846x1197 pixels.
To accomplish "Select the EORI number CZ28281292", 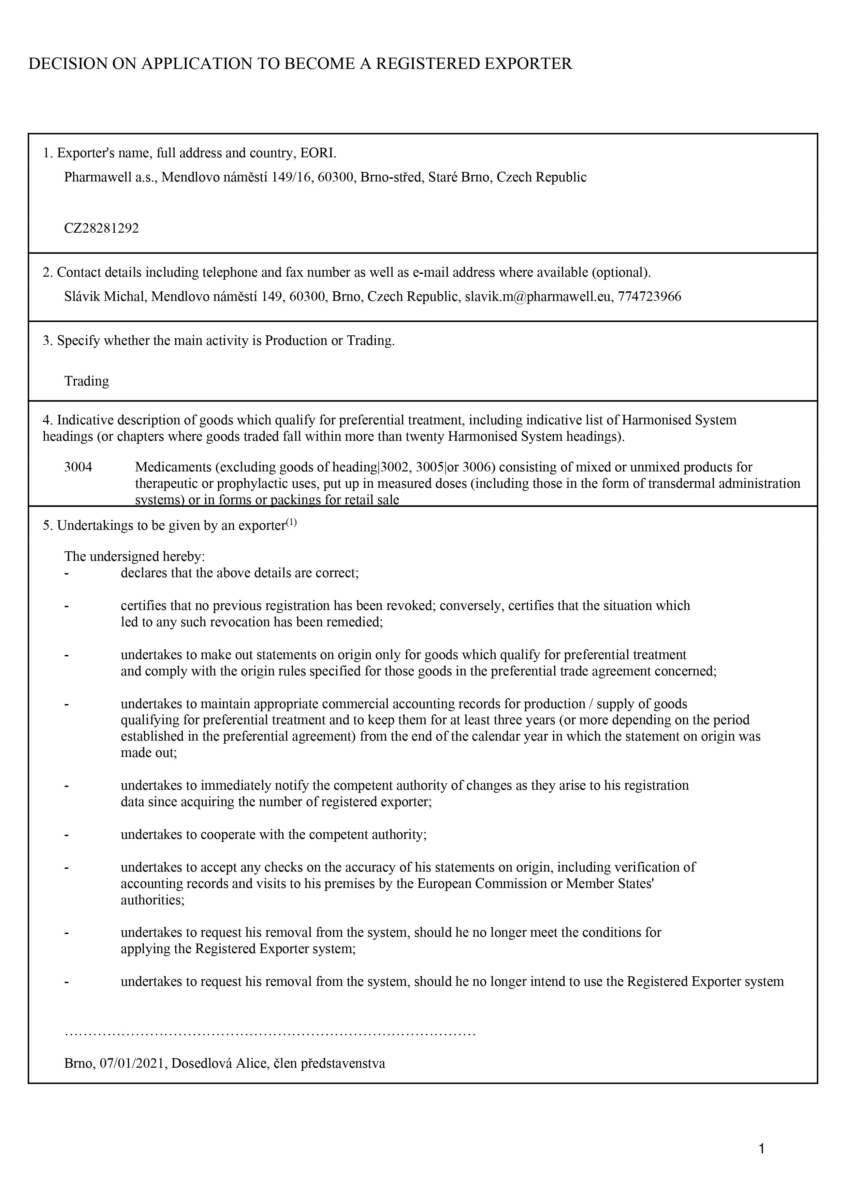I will [x=102, y=228].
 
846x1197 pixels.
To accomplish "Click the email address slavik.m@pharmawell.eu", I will [x=538, y=297].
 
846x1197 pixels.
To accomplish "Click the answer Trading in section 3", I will [x=87, y=381].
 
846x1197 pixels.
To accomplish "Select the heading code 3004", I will [x=78, y=467].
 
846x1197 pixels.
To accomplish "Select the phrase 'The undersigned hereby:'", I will [x=134, y=556].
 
